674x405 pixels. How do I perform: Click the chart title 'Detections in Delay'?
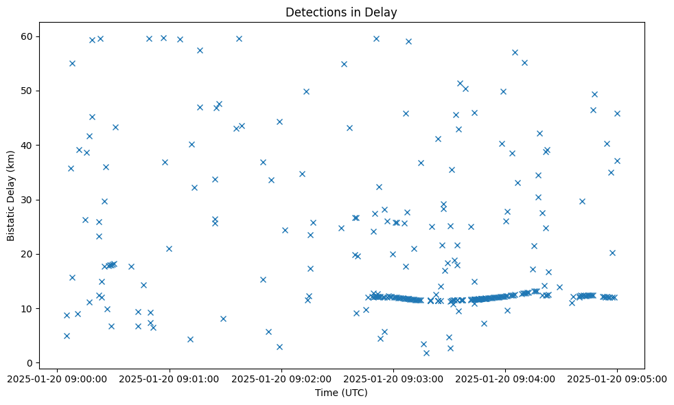point(341,12)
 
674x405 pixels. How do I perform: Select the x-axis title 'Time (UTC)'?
point(341,393)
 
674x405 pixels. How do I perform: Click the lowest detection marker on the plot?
point(426,353)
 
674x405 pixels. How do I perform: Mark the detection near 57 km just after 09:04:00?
point(515,52)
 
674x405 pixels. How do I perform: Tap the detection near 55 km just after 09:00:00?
point(72,63)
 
